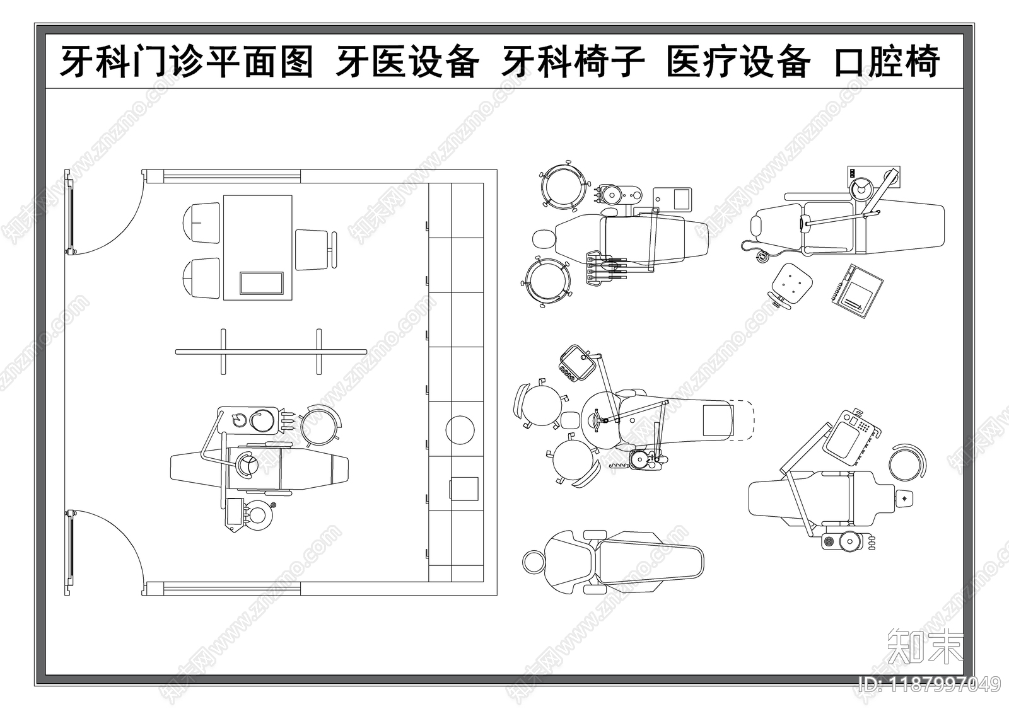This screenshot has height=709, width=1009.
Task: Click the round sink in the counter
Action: [460, 430]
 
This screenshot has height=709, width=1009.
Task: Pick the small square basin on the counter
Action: [464, 488]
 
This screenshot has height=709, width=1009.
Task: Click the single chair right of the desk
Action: [313, 250]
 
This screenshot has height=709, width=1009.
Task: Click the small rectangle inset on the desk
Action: [261, 283]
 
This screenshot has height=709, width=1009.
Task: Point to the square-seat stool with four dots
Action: [791, 282]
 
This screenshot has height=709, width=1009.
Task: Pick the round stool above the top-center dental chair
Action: [561, 187]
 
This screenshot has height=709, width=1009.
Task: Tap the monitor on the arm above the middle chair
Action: [577, 362]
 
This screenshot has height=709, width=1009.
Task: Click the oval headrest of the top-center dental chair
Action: [543, 239]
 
